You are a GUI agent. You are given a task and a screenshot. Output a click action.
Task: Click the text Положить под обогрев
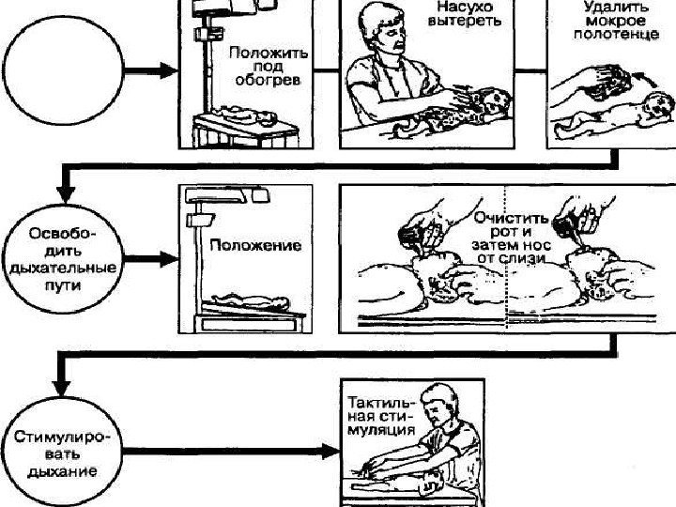pos(264,67)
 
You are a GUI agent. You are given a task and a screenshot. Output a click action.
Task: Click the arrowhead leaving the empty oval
pos(168,71)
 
